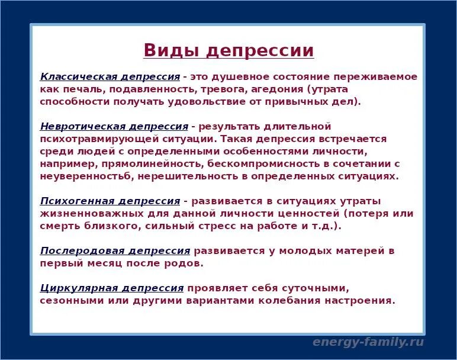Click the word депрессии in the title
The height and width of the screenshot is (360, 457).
pos(260,50)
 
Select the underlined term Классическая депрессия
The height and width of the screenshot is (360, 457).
pos(110,77)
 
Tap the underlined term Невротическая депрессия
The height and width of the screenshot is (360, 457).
pos(114,127)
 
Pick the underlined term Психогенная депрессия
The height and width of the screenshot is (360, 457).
pos(110,201)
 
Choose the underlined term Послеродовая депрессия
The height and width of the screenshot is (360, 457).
pos(115,251)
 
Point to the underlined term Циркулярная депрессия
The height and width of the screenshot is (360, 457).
pos(112,288)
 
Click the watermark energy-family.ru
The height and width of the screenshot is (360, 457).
pos(368,342)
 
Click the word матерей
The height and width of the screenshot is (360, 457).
pos(362,251)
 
